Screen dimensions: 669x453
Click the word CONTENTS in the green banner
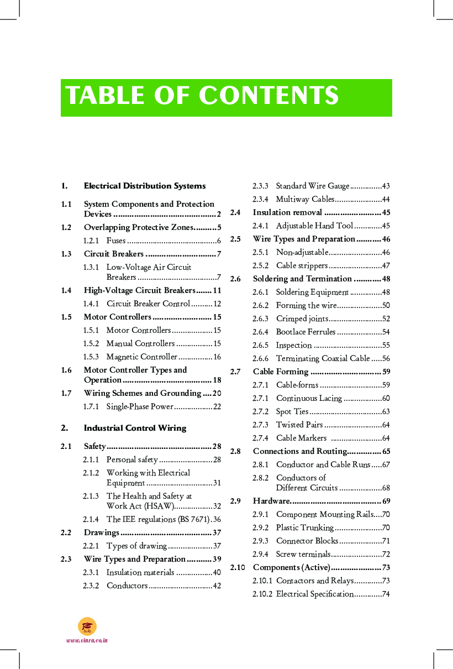(x=268, y=96)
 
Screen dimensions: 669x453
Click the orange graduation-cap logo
(x=87, y=626)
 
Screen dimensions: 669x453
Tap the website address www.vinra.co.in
(x=87, y=640)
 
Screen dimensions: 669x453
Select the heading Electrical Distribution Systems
(x=145, y=186)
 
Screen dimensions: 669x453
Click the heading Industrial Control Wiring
(x=135, y=428)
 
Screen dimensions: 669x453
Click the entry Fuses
(x=116, y=241)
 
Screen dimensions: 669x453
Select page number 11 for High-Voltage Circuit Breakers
(x=217, y=290)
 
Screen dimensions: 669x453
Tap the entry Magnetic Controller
(x=142, y=357)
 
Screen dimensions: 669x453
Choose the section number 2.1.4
(x=91, y=519)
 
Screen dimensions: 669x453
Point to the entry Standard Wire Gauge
(x=313, y=186)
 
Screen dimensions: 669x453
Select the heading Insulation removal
(x=287, y=212)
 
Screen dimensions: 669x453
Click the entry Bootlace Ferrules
(x=305, y=332)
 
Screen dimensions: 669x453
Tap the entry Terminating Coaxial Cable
(x=323, y=358)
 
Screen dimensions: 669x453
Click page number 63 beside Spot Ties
(x=386, y=411)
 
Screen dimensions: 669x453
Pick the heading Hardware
(x=271, y=501)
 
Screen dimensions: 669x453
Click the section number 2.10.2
(x=262, y=594)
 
